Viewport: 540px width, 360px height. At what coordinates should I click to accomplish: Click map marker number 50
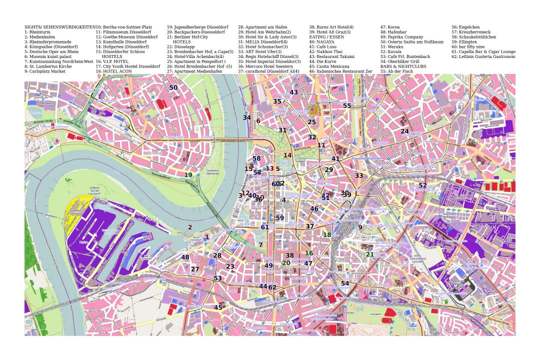(x=173, y=87)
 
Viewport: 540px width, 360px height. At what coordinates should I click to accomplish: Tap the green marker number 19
(x=188, y=175)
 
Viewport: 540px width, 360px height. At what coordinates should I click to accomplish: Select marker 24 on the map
(x=404, y=131)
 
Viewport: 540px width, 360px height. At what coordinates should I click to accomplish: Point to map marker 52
(x=422, y=185)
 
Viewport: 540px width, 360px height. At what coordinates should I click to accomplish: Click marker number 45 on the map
(x=218, y=307)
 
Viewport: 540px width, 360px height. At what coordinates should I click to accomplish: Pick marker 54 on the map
(x=345, y=283)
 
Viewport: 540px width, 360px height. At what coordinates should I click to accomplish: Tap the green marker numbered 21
(x=369, y=254)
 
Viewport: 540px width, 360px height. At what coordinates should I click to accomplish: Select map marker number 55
(x=347, y=106)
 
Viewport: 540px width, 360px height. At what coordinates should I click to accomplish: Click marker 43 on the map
(x=293, y=92)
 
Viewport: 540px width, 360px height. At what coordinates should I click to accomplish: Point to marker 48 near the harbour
(x=185, y=257)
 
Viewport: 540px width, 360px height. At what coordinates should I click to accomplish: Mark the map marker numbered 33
(x=359, y=176)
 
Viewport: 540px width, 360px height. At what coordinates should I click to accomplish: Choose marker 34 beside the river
(x=246, y=118)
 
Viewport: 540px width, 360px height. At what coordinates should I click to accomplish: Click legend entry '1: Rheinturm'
(x=37, y=31)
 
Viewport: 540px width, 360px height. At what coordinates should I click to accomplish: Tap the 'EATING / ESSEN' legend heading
(x=326, y=36)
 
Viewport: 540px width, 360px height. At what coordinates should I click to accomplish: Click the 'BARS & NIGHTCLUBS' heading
(x=403, y=66)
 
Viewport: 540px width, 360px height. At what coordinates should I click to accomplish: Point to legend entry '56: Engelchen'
(x=465, y=27)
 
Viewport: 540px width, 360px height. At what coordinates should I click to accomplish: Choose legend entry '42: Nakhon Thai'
(x=325, y=51)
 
